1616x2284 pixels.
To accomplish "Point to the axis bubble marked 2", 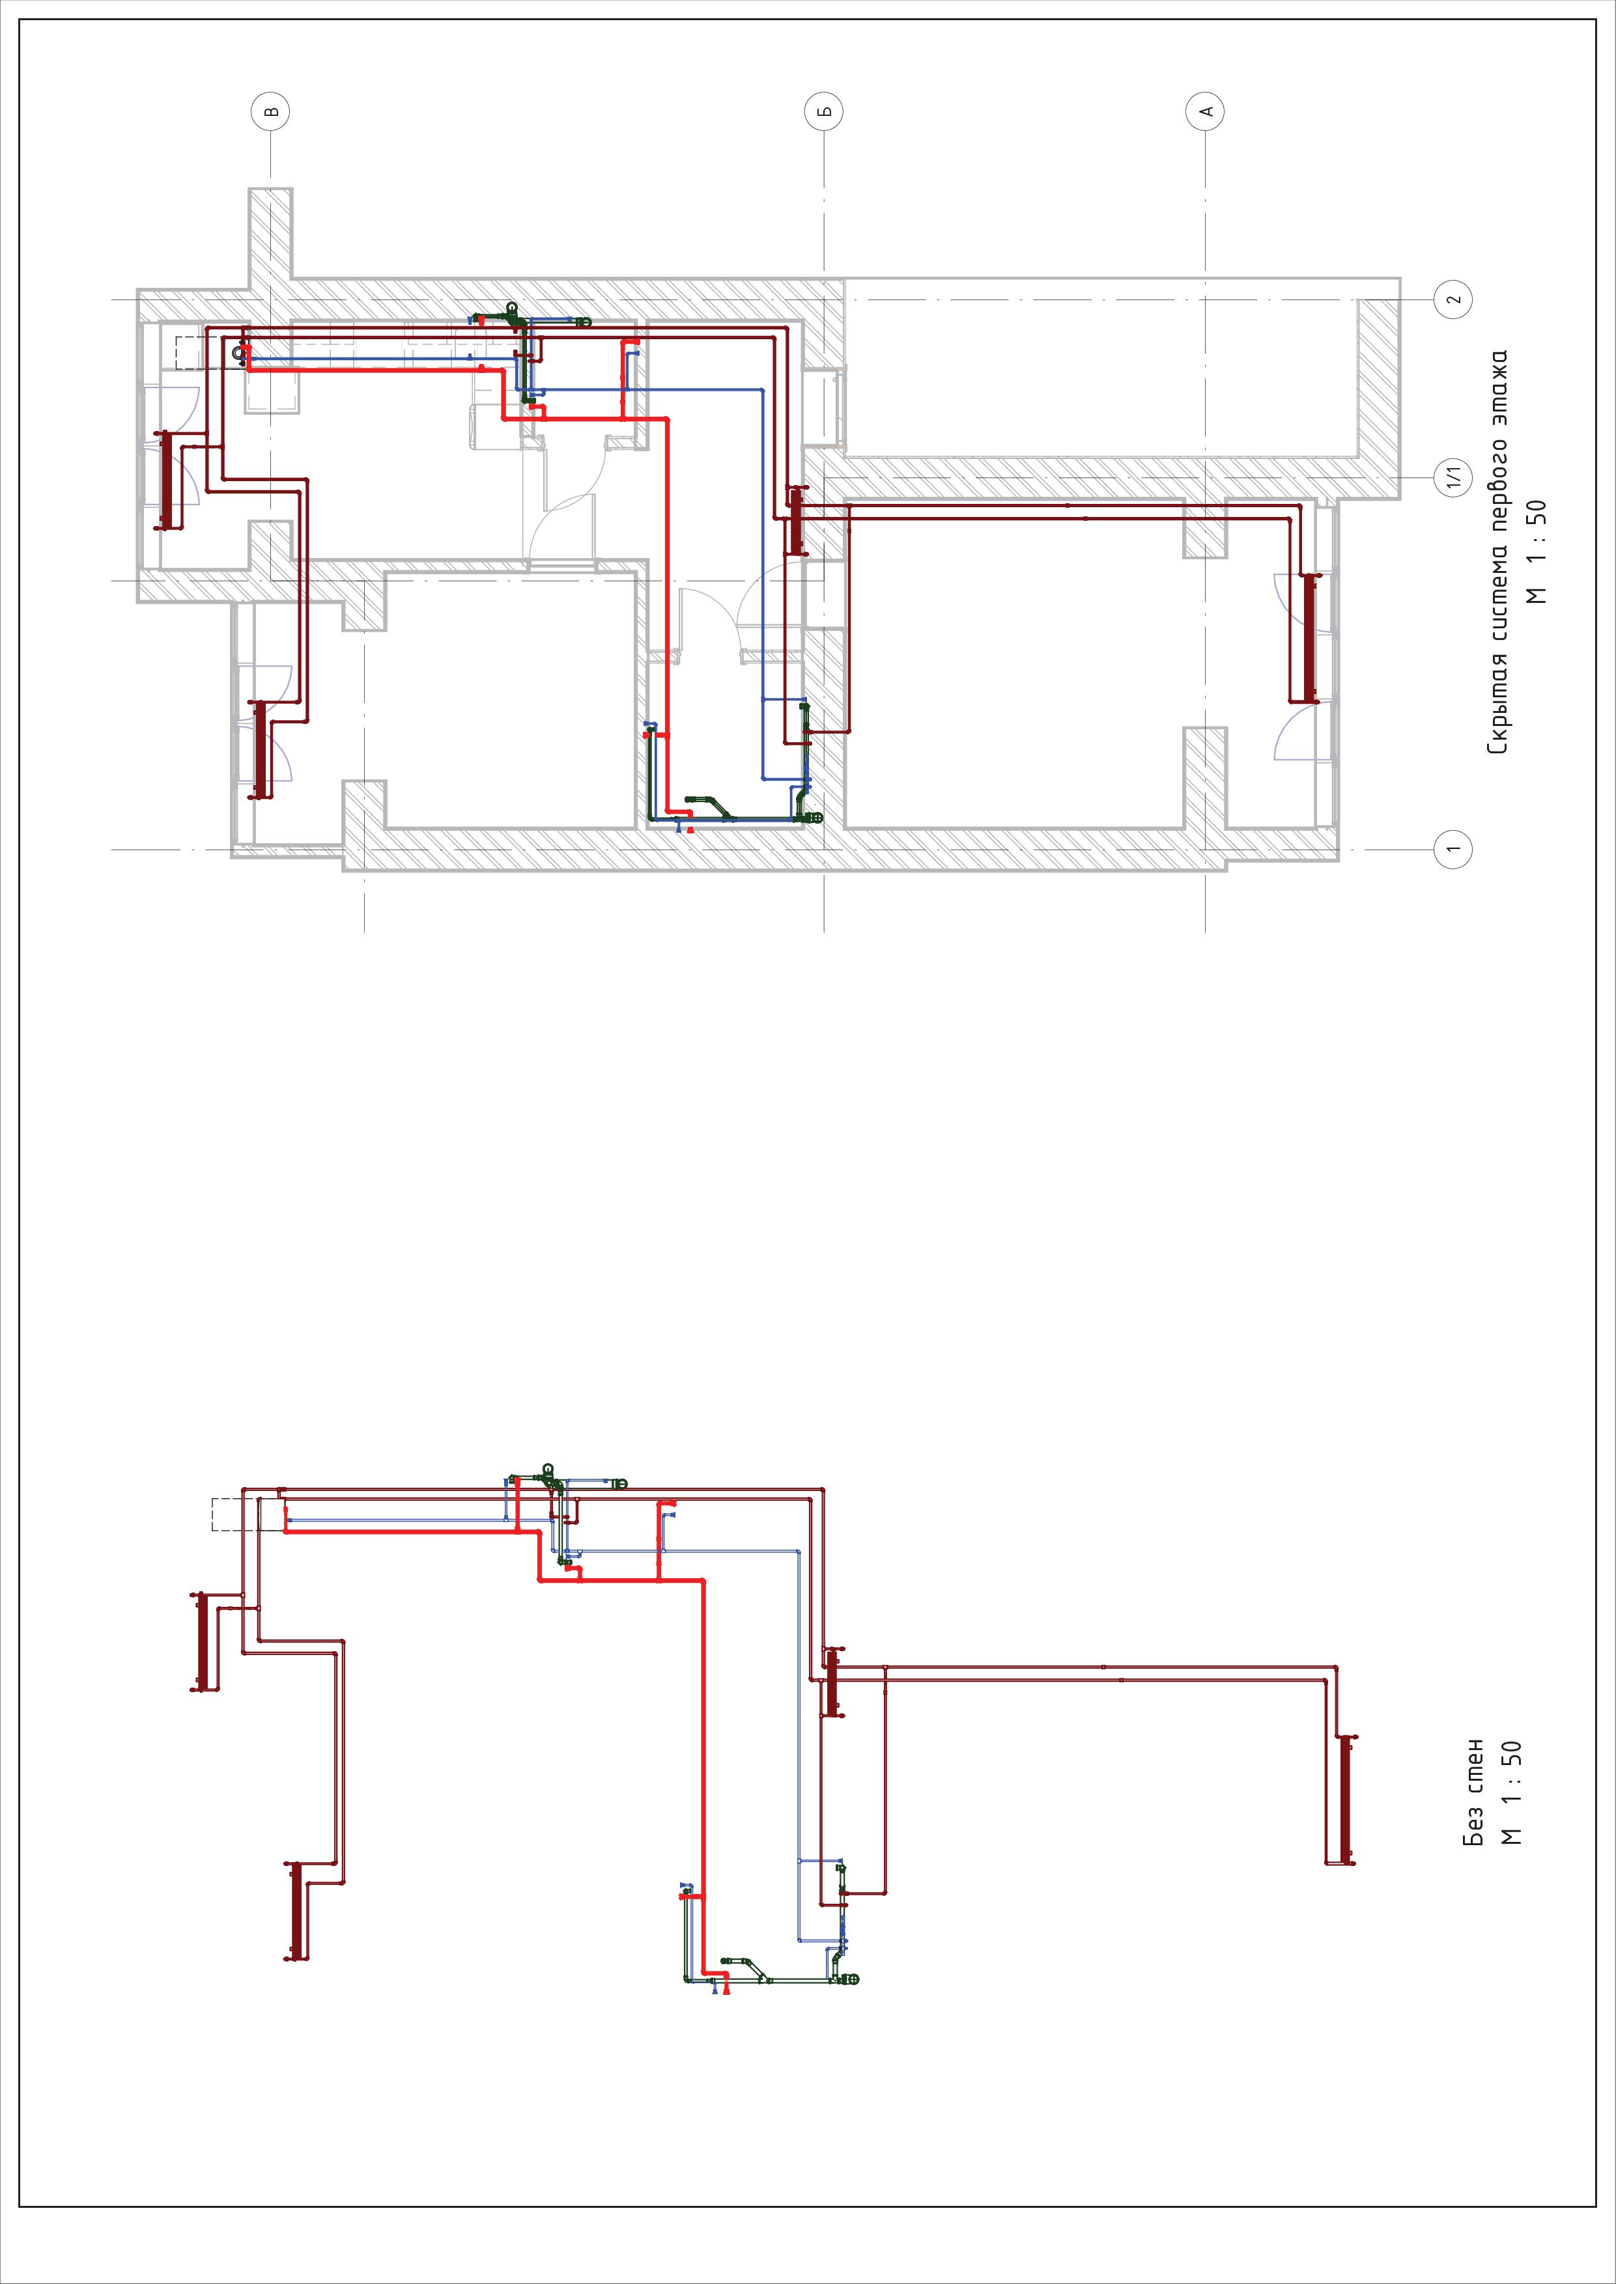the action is [x=1452, y=298].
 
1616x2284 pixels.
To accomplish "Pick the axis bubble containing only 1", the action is [x=1452, y=848].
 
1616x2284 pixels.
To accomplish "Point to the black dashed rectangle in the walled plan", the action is [x=195, y=353].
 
